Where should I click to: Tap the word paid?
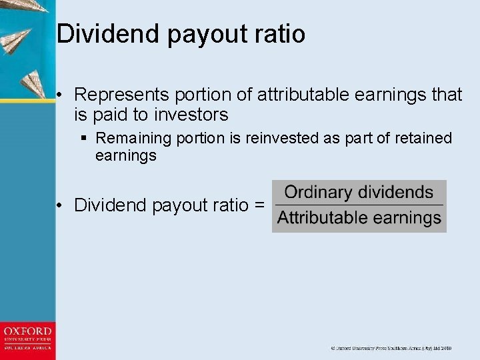click(x=110, y=115)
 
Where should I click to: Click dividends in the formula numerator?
click(x=396, y=193)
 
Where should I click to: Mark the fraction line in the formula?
click(x=359, y=205)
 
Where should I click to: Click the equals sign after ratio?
click(x=259, y=205)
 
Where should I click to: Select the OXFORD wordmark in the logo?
click(x=27, y=331)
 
